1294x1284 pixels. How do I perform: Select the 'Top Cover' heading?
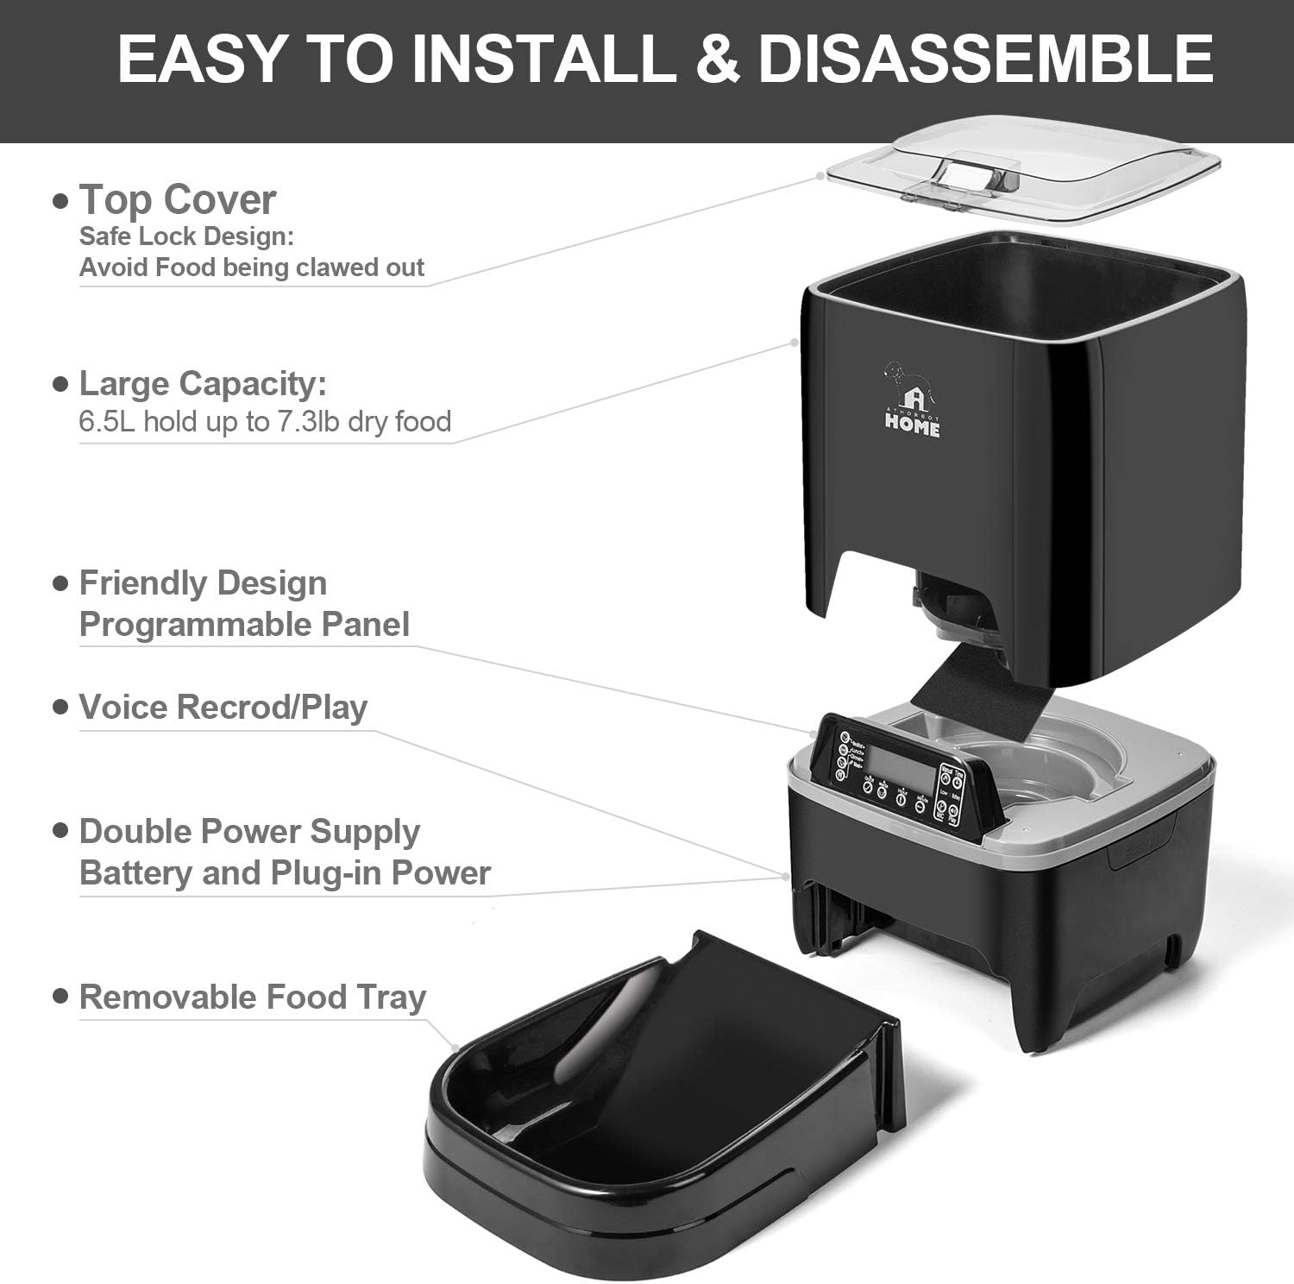pos(178,200)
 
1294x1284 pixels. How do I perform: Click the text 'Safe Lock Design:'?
pos(186,236)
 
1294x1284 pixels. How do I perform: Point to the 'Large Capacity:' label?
pos(203,383)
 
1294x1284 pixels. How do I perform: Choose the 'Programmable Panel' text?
pos(244,624)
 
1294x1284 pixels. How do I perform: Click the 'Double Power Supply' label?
pos(249,831)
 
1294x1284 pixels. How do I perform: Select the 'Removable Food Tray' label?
pos(253,997)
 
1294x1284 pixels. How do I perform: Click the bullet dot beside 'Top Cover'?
pos(60,201)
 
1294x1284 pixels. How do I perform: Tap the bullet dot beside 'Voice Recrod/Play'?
pos(60,707)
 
